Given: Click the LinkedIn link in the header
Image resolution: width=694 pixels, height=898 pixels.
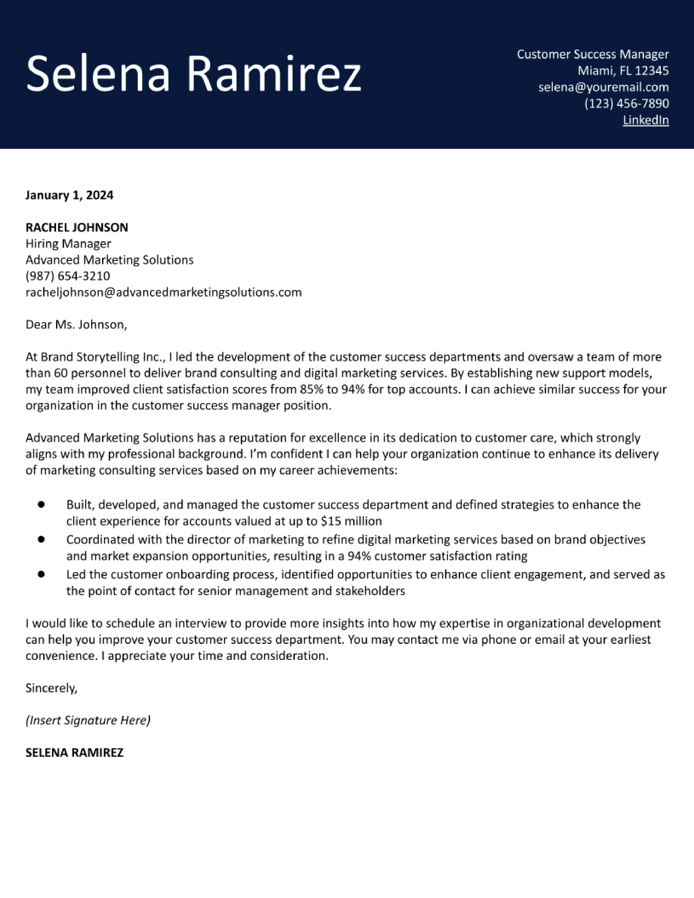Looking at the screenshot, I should pos(646,120).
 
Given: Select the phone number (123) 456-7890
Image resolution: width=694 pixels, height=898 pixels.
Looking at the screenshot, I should pos(627,104).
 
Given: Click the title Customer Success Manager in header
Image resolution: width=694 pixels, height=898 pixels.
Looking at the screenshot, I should pos(592,54).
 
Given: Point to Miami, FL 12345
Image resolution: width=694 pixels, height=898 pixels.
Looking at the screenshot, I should pos(623,71).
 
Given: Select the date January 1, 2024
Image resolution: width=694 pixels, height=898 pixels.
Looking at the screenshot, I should pos(69,195).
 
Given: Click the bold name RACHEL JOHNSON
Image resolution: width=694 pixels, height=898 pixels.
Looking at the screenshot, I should pos(76,227).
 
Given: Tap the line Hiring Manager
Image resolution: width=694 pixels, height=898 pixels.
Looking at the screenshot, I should pos(68,244).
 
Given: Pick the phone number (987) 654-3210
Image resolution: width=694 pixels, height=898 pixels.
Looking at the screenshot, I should pos(68,276).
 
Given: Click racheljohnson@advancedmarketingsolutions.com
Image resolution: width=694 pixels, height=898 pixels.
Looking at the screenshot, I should pos(164,292).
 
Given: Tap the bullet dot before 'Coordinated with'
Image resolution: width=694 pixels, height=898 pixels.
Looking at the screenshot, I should pos(41,539).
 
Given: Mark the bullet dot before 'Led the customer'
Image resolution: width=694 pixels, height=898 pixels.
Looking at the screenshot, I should pos(41,574).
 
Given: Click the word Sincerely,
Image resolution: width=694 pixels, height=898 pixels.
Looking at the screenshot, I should pos(51,688).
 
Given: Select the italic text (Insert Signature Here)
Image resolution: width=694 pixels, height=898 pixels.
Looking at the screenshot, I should pos(88,720).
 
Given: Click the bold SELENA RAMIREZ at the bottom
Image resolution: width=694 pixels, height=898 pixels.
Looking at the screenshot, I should pos(74,753).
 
